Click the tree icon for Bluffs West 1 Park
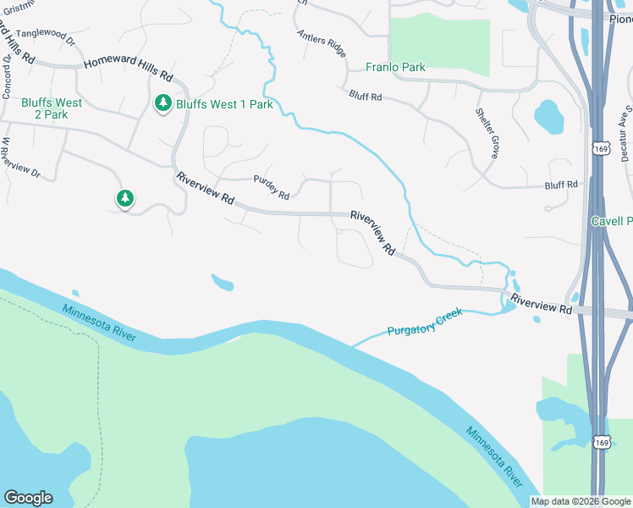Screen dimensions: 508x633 point(163,103)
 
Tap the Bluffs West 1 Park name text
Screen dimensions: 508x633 point(224,104)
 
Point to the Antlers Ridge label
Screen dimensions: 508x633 point(321,43)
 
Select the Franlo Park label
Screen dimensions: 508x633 point(395,67)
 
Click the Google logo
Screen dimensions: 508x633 point(28,498)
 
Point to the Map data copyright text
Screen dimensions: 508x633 point(580,501)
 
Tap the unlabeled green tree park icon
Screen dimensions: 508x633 point(124,199)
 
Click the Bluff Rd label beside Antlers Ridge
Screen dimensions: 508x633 point(366,97)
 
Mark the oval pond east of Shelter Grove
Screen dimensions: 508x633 point(548,117)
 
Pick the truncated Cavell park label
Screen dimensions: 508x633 point(611,221)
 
